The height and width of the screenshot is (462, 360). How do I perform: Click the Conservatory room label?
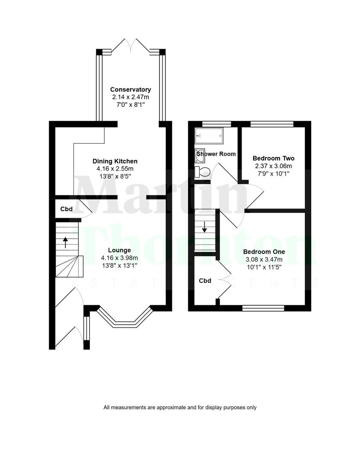pyautogui.click(x=130, y=89)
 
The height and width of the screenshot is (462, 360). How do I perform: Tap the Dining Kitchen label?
pyautogui.click(x=115, y=161)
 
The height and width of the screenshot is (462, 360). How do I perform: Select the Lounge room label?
pyautogui.click(x=119, y=250)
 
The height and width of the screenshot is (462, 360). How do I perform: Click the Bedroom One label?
pyautogui.click(x=264, y=252)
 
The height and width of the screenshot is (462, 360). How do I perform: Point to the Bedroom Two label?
pyautogui.click(x=273, y=158)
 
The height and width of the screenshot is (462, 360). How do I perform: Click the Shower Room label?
pyautogui.click(x=216, y=154)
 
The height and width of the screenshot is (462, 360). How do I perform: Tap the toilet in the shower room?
pyautogui.click(x=202, y=172)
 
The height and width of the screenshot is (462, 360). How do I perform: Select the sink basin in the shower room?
pyautogui.click(x=199, y=155)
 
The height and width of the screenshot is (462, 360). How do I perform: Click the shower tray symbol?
pyautogui.click(x=209, y=136)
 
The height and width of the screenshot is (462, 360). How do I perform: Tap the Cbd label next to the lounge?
pyautogui.click(x=66, y=209)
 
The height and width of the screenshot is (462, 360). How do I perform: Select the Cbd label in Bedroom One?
pyautogui.click(x=205, y=281)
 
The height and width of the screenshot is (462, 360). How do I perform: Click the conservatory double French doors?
pyautogui.click(x=130, y=45)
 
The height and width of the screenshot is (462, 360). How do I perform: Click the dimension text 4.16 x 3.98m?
pyautogui.click(x=119, y=258)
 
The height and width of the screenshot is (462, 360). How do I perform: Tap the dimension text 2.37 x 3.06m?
pyautogui.click(x=273, y=166)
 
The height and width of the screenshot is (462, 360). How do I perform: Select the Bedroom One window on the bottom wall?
pyautogui.click(x=263, y=308)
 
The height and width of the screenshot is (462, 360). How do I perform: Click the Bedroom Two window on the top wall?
pyautogui.click(x=272, y=124)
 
